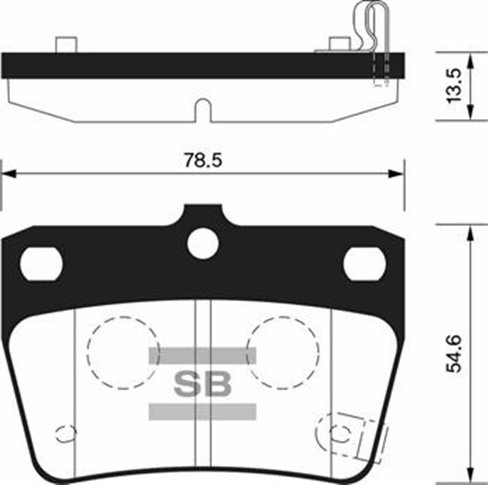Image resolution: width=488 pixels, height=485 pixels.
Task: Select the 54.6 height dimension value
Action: [454, 352]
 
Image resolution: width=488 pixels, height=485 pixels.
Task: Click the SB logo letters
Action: [202, 384]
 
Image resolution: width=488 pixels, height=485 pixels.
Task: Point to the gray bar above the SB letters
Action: [202, 355]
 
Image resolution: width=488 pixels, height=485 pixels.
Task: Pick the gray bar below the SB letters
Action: [202, 412]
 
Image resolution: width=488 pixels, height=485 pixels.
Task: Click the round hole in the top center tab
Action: [203, 243]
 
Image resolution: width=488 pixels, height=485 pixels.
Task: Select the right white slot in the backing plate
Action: [364, 263]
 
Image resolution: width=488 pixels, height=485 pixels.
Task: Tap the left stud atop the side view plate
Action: [65, 44]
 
